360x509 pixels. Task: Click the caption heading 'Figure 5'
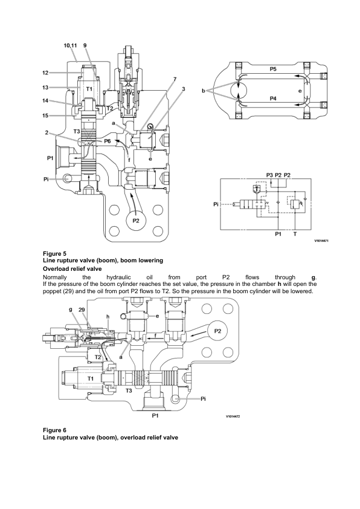55,253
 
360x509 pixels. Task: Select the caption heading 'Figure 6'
55,430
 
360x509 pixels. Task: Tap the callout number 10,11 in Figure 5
71,45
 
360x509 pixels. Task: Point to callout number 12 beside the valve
62,73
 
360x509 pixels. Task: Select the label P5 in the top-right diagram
273,69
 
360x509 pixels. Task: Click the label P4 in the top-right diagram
273,99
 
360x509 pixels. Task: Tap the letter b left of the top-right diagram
204,91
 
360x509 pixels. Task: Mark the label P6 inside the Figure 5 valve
107,141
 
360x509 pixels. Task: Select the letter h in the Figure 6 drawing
108,316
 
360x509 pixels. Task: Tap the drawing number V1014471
324,240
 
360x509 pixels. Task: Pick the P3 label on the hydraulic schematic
269,175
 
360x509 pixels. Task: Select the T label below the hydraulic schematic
294,233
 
